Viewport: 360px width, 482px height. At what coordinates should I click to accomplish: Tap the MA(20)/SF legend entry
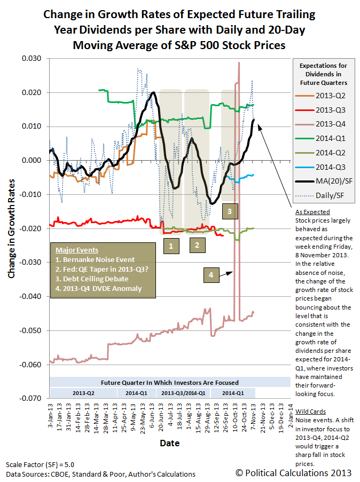click(324, 181)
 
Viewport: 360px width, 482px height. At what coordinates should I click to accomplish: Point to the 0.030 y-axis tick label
click(32, 58)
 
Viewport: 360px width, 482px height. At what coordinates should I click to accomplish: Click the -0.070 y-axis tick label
click(30, 398)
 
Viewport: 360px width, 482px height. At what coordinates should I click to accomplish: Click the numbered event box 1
click(171, 246)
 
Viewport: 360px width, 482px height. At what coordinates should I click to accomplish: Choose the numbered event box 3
click(230, 211)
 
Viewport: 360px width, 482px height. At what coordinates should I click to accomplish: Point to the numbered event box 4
click(211, 275)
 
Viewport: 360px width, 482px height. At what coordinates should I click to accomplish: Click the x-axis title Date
click(169, 443)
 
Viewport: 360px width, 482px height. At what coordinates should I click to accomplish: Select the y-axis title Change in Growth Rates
click(11, 228)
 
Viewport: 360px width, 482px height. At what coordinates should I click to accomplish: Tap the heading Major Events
click(77, 250)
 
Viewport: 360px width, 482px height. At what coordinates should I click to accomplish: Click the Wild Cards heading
click(310, 412)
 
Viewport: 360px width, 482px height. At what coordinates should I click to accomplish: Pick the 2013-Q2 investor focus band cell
click(83, 393)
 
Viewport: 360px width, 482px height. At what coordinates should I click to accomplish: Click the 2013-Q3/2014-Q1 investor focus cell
click(183, 393)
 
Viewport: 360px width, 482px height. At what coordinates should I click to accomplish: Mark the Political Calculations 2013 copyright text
click(294, 473)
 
